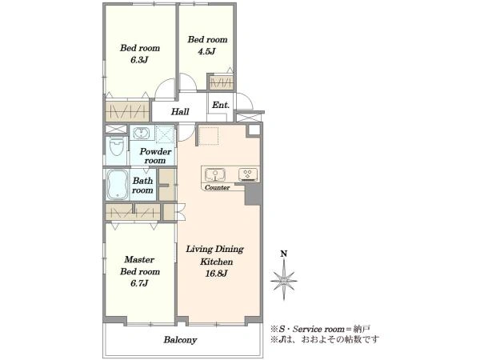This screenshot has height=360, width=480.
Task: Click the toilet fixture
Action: [x=117, y=147]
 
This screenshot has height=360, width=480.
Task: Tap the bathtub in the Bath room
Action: [x=118, y=184]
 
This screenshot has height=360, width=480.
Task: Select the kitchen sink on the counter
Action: [x=215, y=174]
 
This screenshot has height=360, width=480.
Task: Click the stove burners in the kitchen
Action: [x=248, y=174]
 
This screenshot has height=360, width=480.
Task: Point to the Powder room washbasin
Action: [x=141, y=133]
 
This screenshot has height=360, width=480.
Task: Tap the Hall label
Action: [x=180, y=111]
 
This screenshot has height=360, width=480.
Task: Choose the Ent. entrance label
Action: [x=221, y=105]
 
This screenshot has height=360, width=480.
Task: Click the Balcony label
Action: [x=180, y=340]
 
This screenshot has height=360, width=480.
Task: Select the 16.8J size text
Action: [x=216, y=274]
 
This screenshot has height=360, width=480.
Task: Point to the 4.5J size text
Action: [x=206, y=51]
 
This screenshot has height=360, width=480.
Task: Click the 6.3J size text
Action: [x=139, y=60]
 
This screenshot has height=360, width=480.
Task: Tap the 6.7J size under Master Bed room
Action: [x=139, y=283]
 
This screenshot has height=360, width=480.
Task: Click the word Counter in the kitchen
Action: [x=217, y=187]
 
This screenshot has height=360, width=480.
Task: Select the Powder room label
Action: [x=155, y=156]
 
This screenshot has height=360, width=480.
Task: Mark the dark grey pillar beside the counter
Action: [x=253, y=194]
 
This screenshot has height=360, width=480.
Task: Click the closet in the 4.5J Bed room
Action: [x=221, y=82]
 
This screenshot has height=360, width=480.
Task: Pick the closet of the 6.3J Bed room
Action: [x=127, y=110]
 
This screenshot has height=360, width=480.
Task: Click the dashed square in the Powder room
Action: [x=165, y=134]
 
